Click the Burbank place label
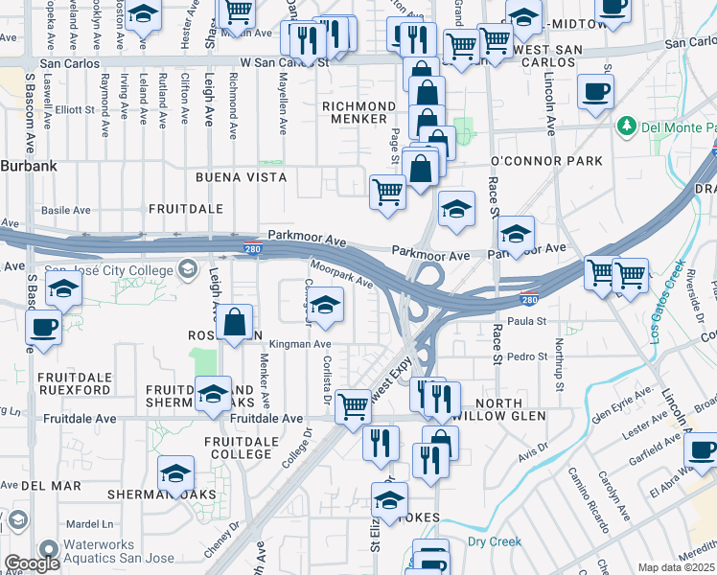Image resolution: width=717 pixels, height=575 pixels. coord(29,166)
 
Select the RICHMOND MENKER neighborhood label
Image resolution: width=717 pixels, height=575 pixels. coord(359,112)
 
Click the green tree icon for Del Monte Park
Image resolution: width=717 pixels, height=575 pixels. coord(627,126)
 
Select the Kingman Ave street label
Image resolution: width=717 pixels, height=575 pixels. coord(301,344)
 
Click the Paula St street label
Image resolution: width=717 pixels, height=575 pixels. coord(526,322)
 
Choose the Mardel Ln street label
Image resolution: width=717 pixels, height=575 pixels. coord(90,524)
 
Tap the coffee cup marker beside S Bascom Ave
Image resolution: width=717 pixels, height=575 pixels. coord(44,328)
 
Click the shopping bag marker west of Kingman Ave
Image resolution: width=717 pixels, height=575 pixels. coord(236,323)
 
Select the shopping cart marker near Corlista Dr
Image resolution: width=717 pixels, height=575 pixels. coord(353,407)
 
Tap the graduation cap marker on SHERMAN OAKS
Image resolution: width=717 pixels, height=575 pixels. coord(176,473)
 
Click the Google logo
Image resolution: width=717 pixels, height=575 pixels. coord(32,564)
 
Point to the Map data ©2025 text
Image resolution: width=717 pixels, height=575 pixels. coord(677,567)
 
